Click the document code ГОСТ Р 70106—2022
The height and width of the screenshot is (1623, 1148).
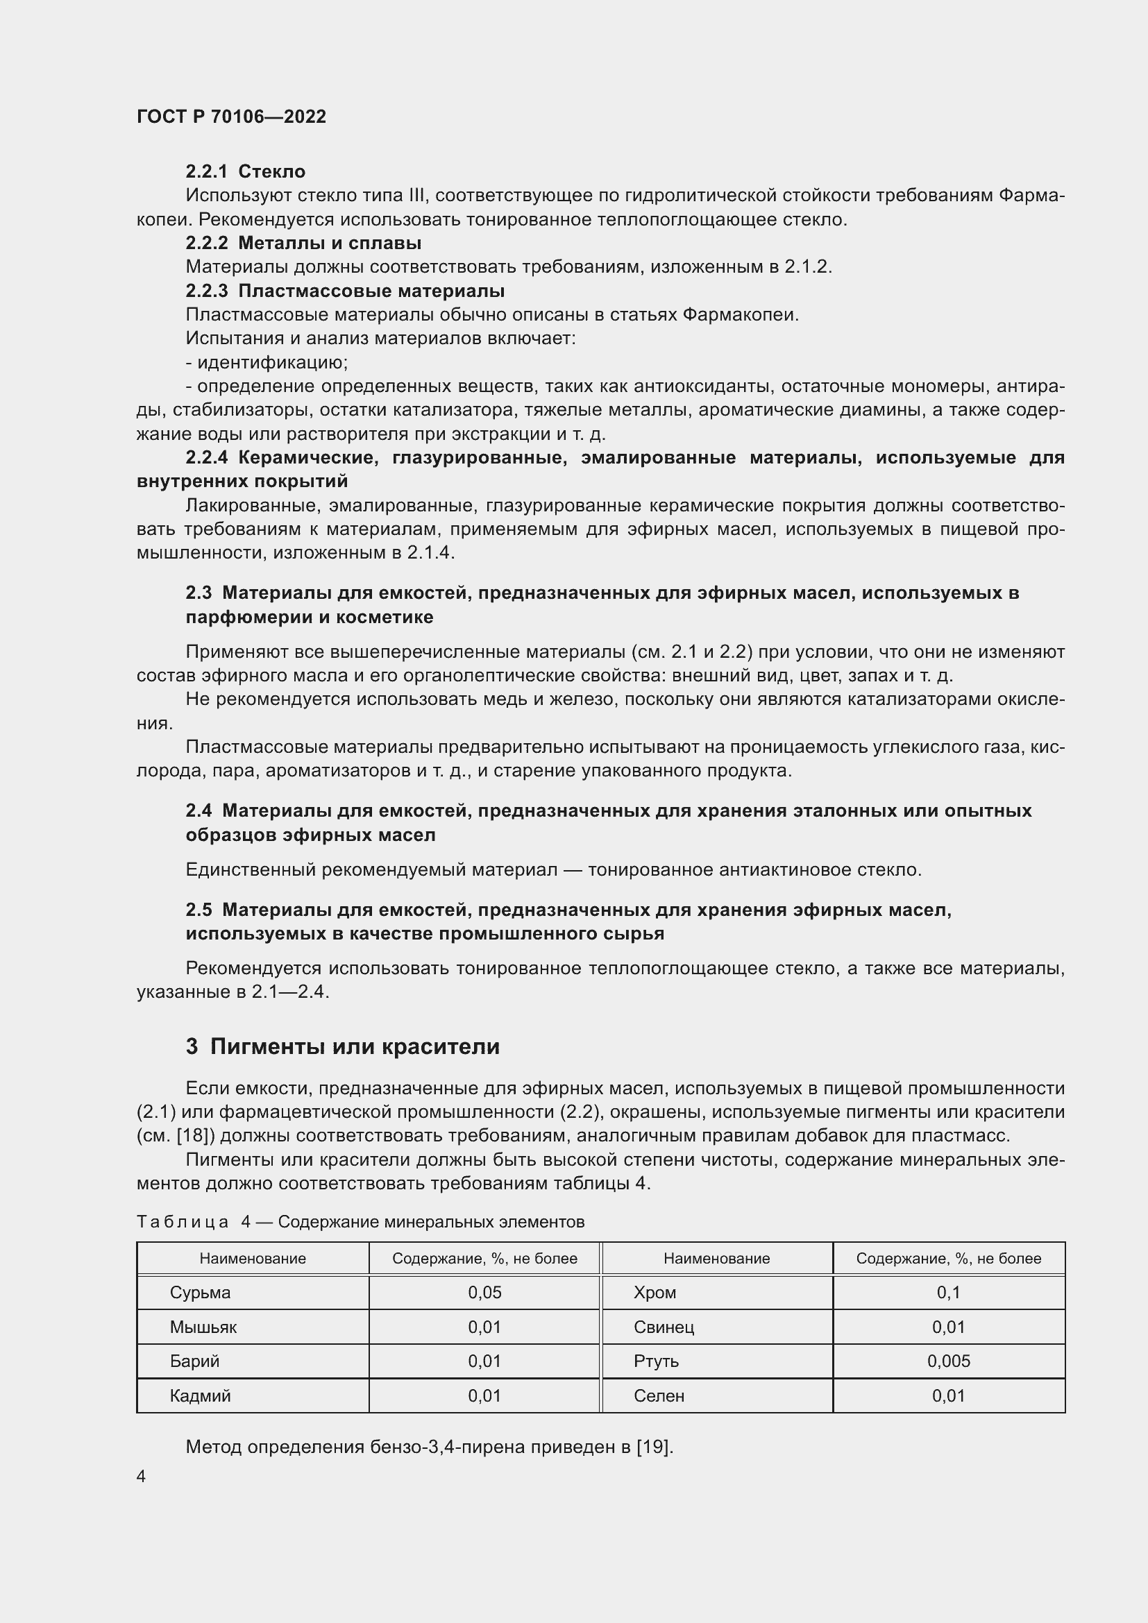(x=231, y=117)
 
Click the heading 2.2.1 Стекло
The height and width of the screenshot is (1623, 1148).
(x=245, y=171)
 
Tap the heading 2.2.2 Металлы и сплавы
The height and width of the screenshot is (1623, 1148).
(x=303, y=243)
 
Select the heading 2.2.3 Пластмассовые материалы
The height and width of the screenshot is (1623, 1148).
(x=345, y=291)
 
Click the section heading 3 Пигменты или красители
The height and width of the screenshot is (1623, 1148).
(x=342, y=1046)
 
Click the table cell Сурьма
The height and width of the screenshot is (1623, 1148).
(x=200, y=1293)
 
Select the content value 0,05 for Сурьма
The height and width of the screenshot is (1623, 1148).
(x=484, y=1293)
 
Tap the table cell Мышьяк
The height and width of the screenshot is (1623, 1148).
(x=203, y=1327)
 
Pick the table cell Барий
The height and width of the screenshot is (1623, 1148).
(x=194, y=1361)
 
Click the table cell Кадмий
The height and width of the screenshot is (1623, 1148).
(x=200, y=1396)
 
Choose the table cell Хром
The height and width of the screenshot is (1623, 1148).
(x=655, y=1293)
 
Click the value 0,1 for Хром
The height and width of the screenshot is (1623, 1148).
(x=948, y=1293)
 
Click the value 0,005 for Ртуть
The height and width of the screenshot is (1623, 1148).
(x=948, y=1361)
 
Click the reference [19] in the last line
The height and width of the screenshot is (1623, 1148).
(x=652, y=1447)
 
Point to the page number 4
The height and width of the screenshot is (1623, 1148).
(x=142, y=1477)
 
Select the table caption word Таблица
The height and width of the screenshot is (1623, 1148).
(x=183, y=1222)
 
